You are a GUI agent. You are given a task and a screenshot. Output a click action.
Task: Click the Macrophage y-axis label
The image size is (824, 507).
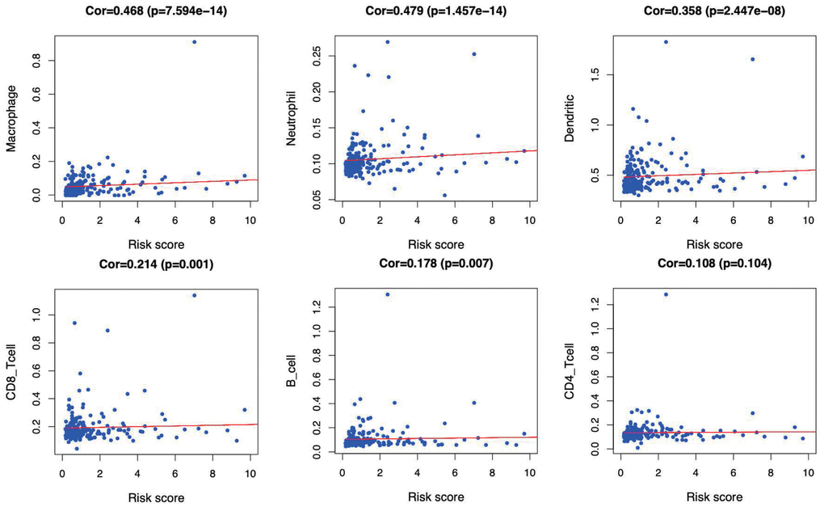click(x=11, y=121)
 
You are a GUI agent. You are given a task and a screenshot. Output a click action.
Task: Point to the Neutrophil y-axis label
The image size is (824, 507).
click(x=292, y=121)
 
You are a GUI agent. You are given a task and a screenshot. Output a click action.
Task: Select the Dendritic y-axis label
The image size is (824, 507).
click(x=570, y=121)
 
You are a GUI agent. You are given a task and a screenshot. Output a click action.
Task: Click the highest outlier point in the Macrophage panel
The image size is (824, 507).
click(x=194, y=41)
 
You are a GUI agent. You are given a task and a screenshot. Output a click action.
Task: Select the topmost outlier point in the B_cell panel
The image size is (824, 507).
click(x=388, y=294)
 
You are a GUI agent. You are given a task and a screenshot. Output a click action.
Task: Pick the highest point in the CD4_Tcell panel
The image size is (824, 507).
click(x=666, y=294)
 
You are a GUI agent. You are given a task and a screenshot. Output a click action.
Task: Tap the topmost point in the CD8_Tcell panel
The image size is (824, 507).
click(x=194, y=295)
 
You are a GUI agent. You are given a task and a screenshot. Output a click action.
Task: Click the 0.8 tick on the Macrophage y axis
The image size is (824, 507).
click(x=36, y=60)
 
